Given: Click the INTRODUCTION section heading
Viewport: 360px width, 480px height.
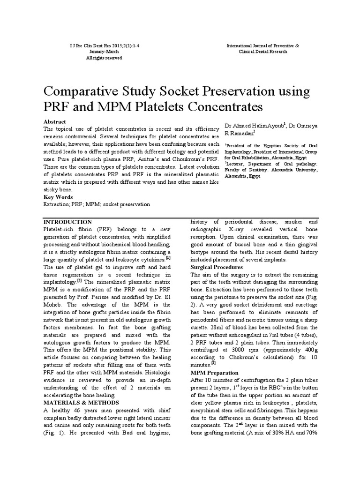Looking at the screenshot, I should tap(67, 221).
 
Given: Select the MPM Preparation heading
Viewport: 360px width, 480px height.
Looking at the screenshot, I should tap(215, 372).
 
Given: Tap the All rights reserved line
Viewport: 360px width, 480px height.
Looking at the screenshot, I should tap(104, 58).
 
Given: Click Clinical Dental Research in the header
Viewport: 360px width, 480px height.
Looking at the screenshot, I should tap(266, 52).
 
